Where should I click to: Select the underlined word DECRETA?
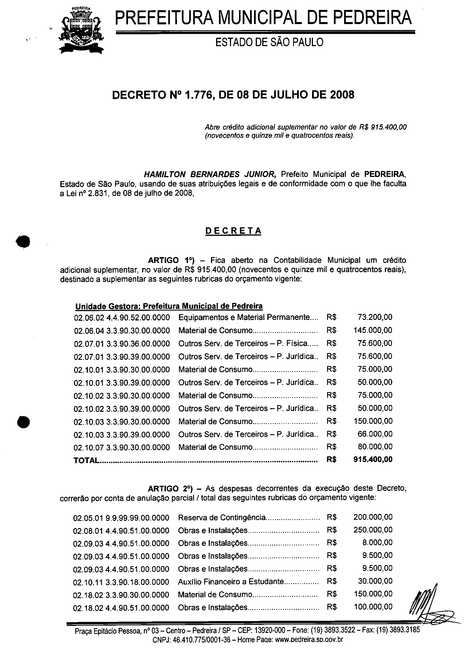click(233, 231)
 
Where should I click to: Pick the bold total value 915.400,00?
click(373, 459)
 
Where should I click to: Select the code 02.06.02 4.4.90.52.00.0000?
click(122, 318)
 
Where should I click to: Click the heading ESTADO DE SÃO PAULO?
click(269, 42)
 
